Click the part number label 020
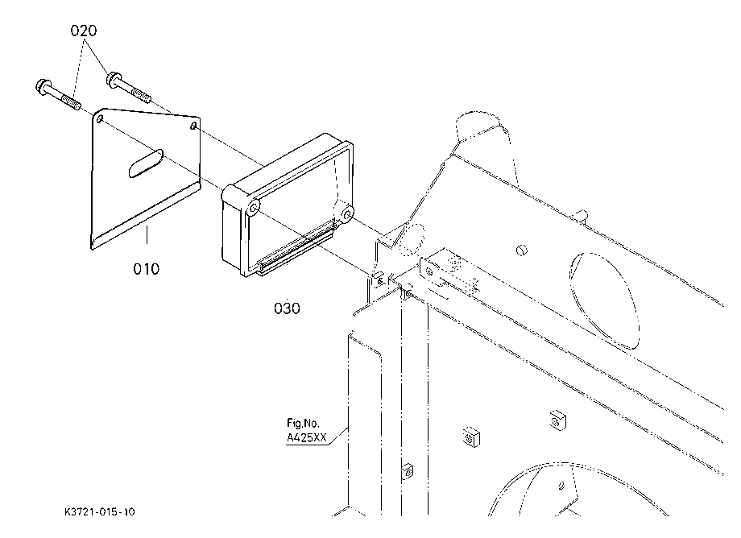click(84, 31)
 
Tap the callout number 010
click(146, 269)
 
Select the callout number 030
click(287, 308)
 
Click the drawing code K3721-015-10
click(100, 512)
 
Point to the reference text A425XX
click(306, 437)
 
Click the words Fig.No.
click(303, 423)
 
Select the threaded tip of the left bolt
click(71, 101)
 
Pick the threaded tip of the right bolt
click(143, 95)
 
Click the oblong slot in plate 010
click(146, 163)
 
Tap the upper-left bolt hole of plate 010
click(100, 118)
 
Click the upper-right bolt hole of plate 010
click(193, 126)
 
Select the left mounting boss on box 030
click(254, 208)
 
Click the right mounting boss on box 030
click(347, 215)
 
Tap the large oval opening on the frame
click(603, 300)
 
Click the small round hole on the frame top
click(521, 250)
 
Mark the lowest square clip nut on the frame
click(407, 471)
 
